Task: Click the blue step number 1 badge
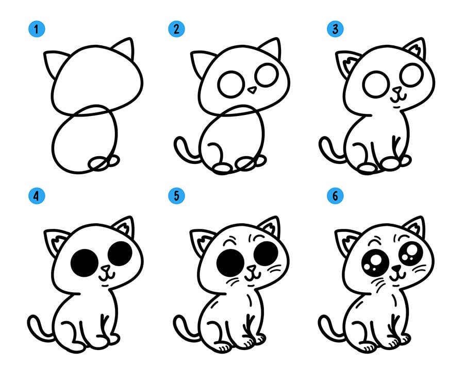click(37, 29)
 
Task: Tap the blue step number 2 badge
click(176, 29)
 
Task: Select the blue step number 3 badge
click(335, 29)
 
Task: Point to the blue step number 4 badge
click(37, 196)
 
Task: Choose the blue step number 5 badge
click(176, 196)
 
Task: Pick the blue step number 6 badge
click(335, 196)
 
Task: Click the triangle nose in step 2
click(252, 90)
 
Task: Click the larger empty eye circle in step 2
click(231, 84)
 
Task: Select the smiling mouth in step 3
click(399, 98)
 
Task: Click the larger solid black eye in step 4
click(85, 263)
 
